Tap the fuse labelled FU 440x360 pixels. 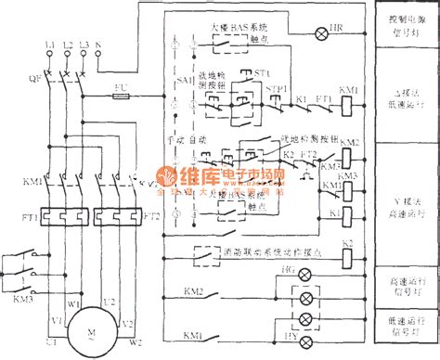point(120,90)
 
